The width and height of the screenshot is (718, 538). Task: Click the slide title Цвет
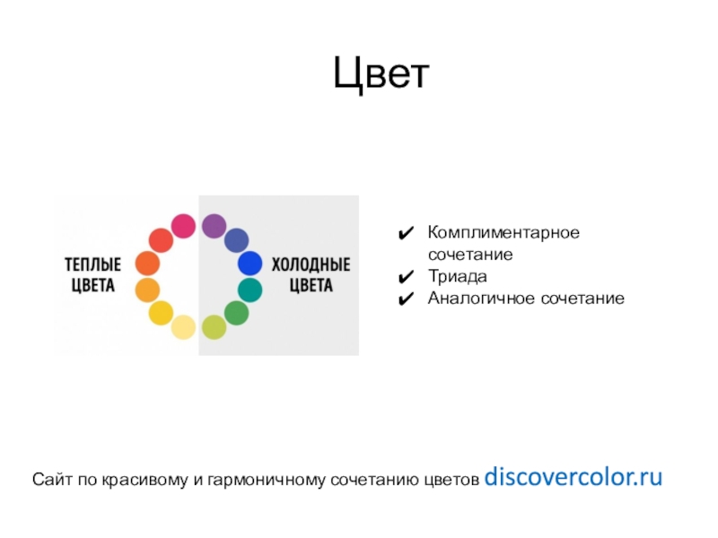click(x=382, y=74)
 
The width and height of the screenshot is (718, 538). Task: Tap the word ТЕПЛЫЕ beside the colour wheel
click(x=93, y=265)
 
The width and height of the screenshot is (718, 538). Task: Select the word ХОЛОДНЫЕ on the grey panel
click(x=311, y=266)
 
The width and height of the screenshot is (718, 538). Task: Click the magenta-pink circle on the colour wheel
click(x=184, y=226)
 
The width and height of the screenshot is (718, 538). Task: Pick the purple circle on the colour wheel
click(x=214, y=226)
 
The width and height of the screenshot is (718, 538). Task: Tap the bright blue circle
click(x=250, y=264)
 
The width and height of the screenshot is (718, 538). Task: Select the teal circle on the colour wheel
click(x=250, y=290)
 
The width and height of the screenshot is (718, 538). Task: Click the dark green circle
click(x=236, y=313)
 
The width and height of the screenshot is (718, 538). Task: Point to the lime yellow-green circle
click(x=214, y=327)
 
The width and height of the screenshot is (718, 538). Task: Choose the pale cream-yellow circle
click(x=183, y=327)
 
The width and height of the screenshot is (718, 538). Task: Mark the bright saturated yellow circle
click(x=161, y=313)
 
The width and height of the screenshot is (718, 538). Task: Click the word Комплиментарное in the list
click(x=503, y=233)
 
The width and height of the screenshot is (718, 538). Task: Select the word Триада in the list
click(x=458, y=276)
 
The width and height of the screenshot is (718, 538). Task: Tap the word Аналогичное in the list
click(x=482, y=298)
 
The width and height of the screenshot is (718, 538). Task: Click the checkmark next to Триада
click(x=406, y=276)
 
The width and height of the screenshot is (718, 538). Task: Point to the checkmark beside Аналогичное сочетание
click(x=406, y=298)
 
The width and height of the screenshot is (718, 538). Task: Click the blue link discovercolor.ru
click(x=573, y=477)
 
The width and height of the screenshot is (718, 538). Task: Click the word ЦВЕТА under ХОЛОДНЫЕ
click(x=311, y=287)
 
